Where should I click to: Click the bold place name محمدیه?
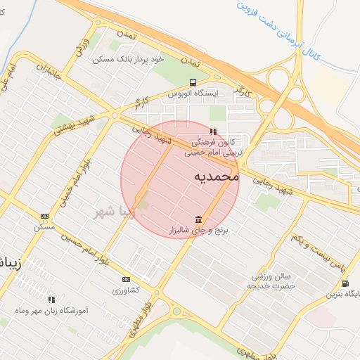(215, 176)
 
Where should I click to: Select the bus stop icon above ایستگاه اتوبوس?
(193, 82)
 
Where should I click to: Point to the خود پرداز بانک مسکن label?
(129, 60)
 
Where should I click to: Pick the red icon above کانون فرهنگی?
(213, 131)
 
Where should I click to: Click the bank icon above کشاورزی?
(126, 279)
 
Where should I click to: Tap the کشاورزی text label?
(126, 290)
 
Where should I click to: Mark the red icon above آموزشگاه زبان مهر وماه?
(51, 300)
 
